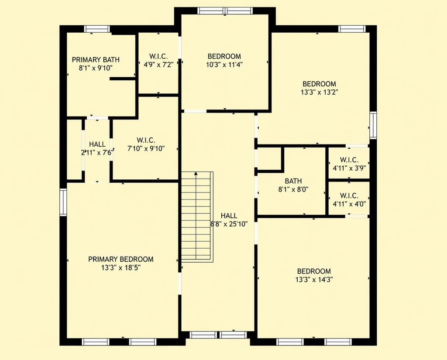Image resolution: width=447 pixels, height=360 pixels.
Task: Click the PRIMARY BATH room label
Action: [x=96, y=60]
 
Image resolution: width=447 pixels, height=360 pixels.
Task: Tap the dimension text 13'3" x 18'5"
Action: [x=121, y=267]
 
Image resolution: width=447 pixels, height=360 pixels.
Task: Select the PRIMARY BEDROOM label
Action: [x=121, y=259]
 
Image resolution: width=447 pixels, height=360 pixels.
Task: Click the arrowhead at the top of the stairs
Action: [x=196, y=173]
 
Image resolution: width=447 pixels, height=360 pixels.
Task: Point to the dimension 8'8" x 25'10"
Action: [x=229, y=224]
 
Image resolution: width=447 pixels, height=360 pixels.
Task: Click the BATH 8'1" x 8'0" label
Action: [x=293, y=185]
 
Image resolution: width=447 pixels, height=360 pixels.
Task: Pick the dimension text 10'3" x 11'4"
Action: [x=224, y=65]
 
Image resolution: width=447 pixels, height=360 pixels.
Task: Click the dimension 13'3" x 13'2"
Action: [x=319, y=92]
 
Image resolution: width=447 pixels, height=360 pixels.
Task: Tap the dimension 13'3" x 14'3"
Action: [x=314, y=279]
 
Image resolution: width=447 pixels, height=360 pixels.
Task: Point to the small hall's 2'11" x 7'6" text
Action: [x=97, y=152]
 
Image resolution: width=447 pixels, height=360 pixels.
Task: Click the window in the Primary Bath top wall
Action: [x=97, y=29]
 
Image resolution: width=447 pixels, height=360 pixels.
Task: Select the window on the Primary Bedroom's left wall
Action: [x=63, y=202]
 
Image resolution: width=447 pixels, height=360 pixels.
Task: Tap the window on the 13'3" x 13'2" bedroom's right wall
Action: [x=373, y=125]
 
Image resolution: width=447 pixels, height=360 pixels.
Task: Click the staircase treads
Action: [x=197, y=217]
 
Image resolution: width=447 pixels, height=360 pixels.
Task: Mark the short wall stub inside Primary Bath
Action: [x=123, y=79]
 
